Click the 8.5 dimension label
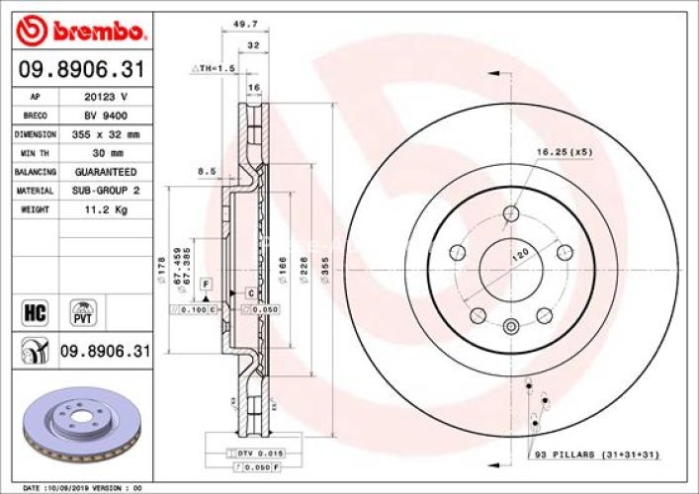(207, 171)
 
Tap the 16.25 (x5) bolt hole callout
(564, 152)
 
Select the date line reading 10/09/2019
(84, 488)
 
